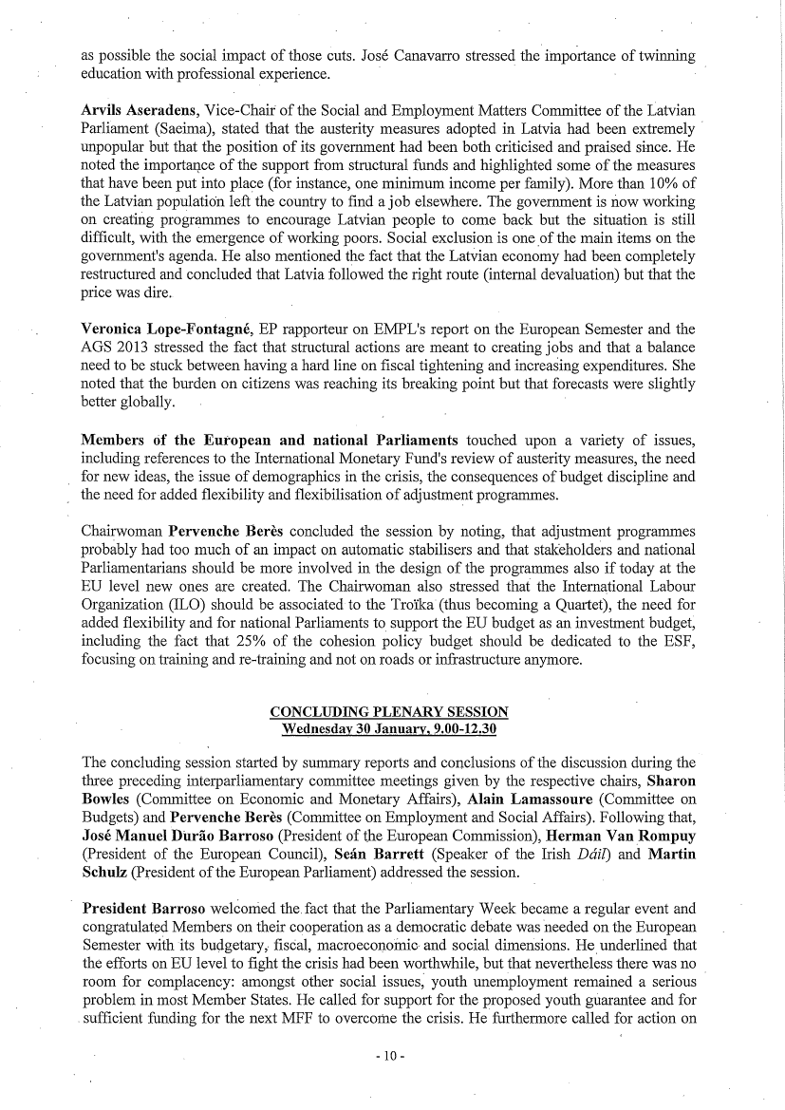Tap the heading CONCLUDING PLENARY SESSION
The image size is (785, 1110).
389,712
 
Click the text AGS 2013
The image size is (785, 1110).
112,348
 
